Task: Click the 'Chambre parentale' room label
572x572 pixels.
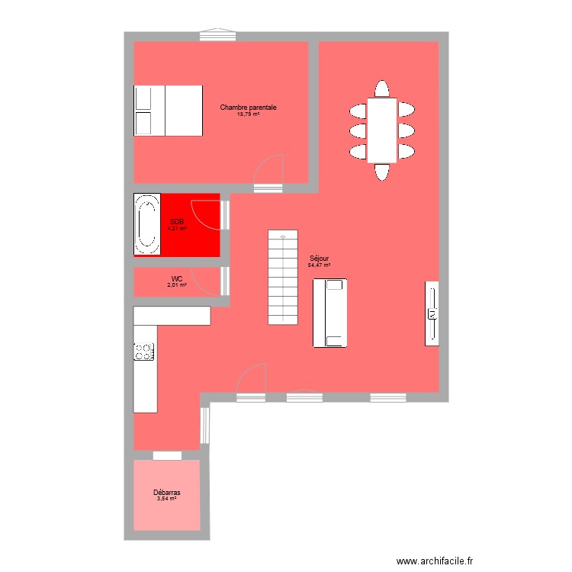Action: point(248,108)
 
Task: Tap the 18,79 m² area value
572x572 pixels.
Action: point(248,114)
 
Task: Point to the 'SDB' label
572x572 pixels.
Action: point(177,221)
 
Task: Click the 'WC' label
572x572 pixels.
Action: point(177,278)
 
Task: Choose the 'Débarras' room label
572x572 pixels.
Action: point(166,493)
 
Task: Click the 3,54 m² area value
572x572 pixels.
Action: point(166,500)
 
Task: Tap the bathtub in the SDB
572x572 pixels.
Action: point(146,224)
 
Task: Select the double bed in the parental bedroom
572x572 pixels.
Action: point(169,111)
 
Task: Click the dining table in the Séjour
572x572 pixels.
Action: point(382,130)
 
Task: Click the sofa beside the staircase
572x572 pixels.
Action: point(330,313)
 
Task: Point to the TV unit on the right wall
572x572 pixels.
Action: point(432,313)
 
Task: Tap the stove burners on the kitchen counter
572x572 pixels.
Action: point(143,352)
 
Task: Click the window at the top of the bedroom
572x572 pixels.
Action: point(217,34)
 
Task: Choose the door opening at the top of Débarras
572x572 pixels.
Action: point(167,455)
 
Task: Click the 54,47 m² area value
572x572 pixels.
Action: point(319,265)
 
